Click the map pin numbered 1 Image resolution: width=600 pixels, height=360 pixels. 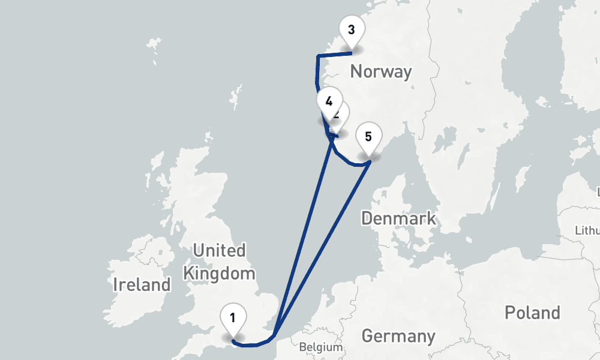[232, 319]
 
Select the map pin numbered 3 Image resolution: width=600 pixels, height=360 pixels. [351, 30]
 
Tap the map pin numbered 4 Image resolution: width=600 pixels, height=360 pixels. [328, 101]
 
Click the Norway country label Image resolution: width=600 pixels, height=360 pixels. [381, 72]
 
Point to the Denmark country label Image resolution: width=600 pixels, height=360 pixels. [398, 218]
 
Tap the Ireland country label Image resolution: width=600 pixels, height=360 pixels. [142, 284]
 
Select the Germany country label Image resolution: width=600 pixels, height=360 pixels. [398, 335]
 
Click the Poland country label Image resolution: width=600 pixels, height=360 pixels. [532, 313]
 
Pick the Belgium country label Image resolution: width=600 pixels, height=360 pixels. [320, 347]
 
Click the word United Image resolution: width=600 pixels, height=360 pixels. [219, 250]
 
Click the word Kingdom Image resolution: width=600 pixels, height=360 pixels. [219, 274]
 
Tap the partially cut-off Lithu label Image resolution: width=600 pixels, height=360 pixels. [587, 230]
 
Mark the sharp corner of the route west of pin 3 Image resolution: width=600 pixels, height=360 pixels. [317, 56]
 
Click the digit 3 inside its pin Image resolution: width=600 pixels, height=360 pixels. [351, 29]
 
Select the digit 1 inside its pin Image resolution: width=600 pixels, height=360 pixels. [232, 317]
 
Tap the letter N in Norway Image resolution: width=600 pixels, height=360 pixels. [356, 72]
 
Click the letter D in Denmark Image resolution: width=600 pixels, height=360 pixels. [367, 218]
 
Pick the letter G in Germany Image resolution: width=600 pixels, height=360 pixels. [367, 335]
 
